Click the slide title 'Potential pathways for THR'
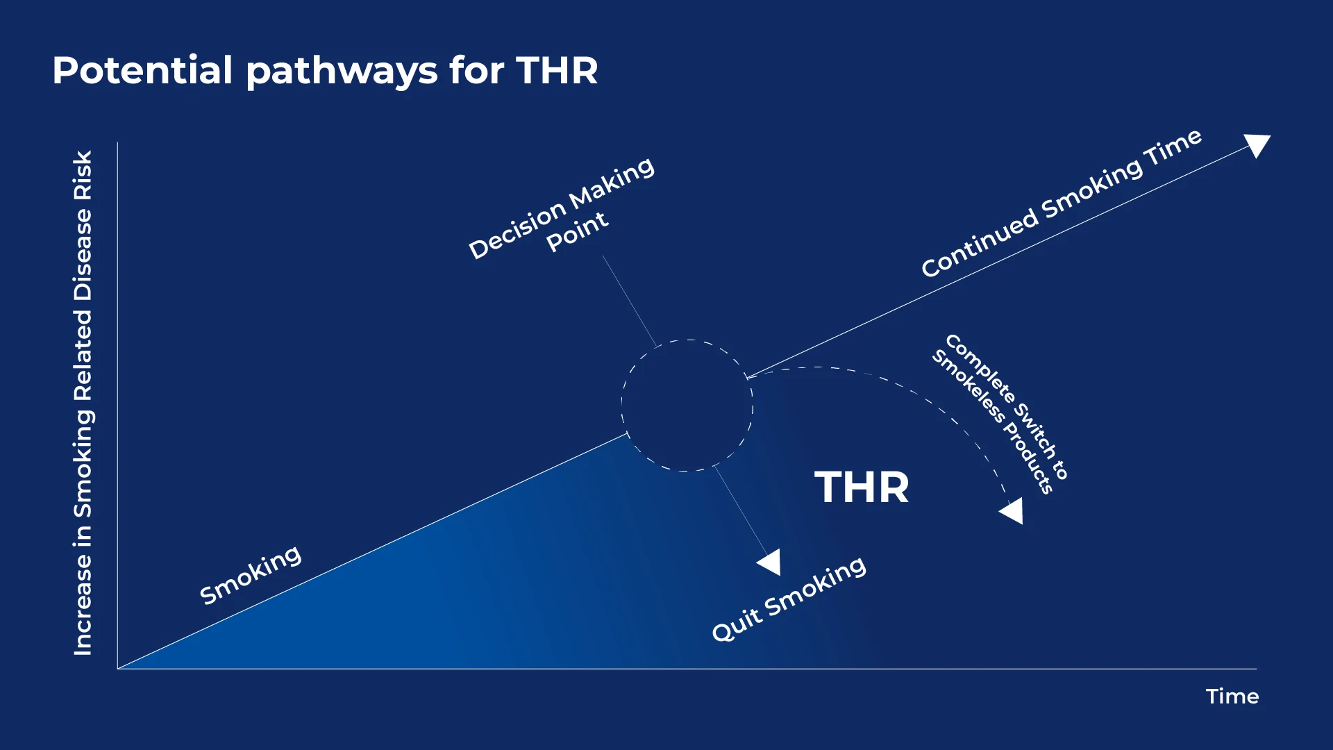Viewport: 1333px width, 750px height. [x=325, y=72]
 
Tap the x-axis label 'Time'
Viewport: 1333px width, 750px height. [x=1232, y=697]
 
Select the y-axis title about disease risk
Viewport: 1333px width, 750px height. [x=83, y=403]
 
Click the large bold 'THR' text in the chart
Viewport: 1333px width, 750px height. [x=862, y=487]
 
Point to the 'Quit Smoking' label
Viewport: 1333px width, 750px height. [x=789, y=598]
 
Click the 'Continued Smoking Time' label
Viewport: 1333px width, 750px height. [x=1062, y=203]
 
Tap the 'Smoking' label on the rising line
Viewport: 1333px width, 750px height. [x=251, y=574]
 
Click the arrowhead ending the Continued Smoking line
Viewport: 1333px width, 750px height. [x=1258, y=144]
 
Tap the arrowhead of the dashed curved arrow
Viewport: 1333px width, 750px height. [x=1013, y=511]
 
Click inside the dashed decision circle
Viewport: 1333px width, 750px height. [x=687, y=406]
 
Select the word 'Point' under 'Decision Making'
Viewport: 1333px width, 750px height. [x=578, y=232]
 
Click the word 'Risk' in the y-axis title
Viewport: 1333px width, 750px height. [x=83, y=176]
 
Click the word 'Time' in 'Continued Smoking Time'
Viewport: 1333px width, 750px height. [x=1175, y=147]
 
